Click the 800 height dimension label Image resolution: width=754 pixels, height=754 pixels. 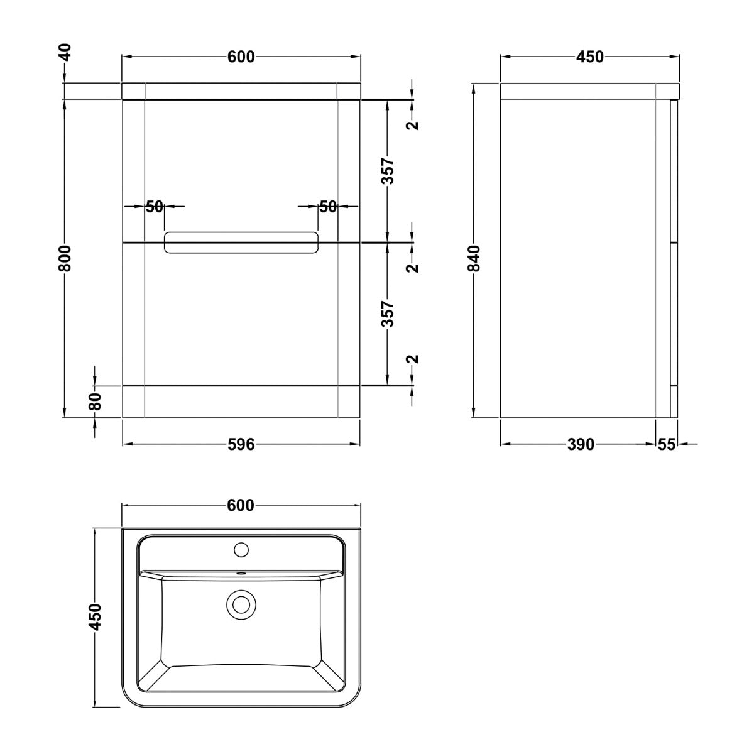[x=65, y=258]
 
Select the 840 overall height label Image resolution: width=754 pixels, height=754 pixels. [x=474, y=258]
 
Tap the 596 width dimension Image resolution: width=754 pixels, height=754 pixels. [x=241, y=444]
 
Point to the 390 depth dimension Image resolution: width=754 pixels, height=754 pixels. [x=581, y=444]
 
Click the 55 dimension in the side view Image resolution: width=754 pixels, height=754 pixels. [x=667, y=444]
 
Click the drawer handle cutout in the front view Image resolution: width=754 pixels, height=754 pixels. [x=241, y=243]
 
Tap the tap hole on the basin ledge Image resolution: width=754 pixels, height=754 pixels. [x=241, y=549]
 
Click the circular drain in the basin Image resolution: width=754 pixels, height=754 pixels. [x=241, y=604]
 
